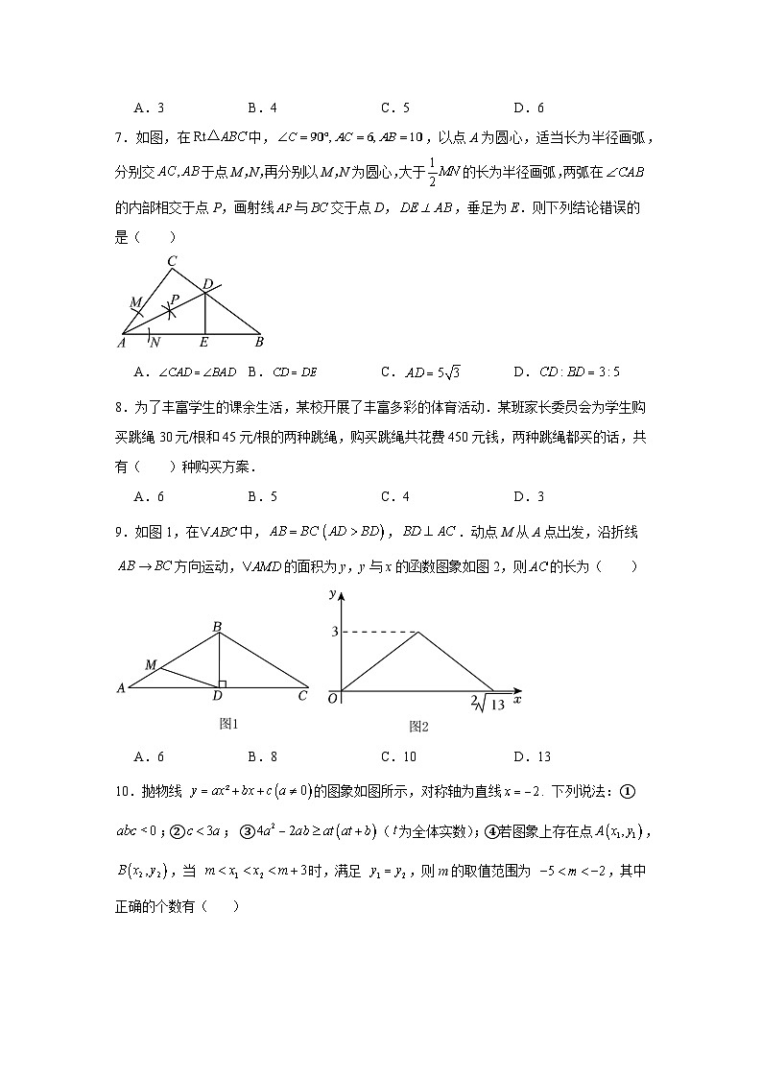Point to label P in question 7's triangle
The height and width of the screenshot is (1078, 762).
(174, 299)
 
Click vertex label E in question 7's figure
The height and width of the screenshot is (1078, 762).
(204, 342)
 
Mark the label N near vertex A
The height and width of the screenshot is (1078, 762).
(155, 342)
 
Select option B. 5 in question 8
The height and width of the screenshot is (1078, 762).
(262, 496)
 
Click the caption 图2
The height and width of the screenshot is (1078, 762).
(418, 727)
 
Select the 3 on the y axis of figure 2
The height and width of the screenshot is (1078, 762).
(334, 632)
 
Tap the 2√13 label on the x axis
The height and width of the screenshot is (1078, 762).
(488, 706)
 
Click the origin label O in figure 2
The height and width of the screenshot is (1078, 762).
(332, 699)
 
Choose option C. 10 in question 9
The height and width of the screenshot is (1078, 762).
(396, 756)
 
